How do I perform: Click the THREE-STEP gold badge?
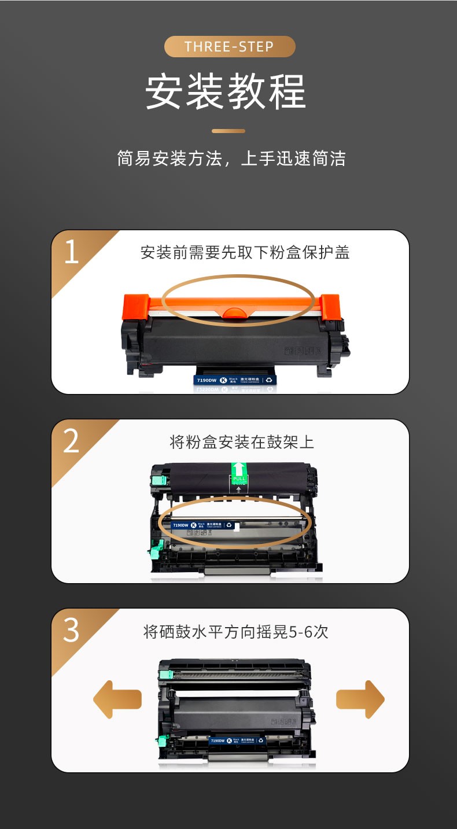(x=230, y=47)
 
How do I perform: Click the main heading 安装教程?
(x=226, y=91)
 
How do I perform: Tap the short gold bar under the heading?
(x=228, y=131)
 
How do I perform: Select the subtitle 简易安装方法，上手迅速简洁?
(x=231, y=159)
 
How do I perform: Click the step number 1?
(x=71, y=253)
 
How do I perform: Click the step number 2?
(x=71, y=442)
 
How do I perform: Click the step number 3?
(x=71, y=631)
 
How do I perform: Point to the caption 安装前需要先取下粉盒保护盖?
(x=245, y=253)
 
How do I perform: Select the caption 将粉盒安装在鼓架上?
(x=242, y=443)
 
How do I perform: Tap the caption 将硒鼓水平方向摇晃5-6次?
(x=235, y=632)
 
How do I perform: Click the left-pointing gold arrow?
(x=117, y=699)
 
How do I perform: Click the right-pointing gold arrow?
(x=360, y=699)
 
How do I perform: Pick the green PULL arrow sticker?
(x=238, y=474)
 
